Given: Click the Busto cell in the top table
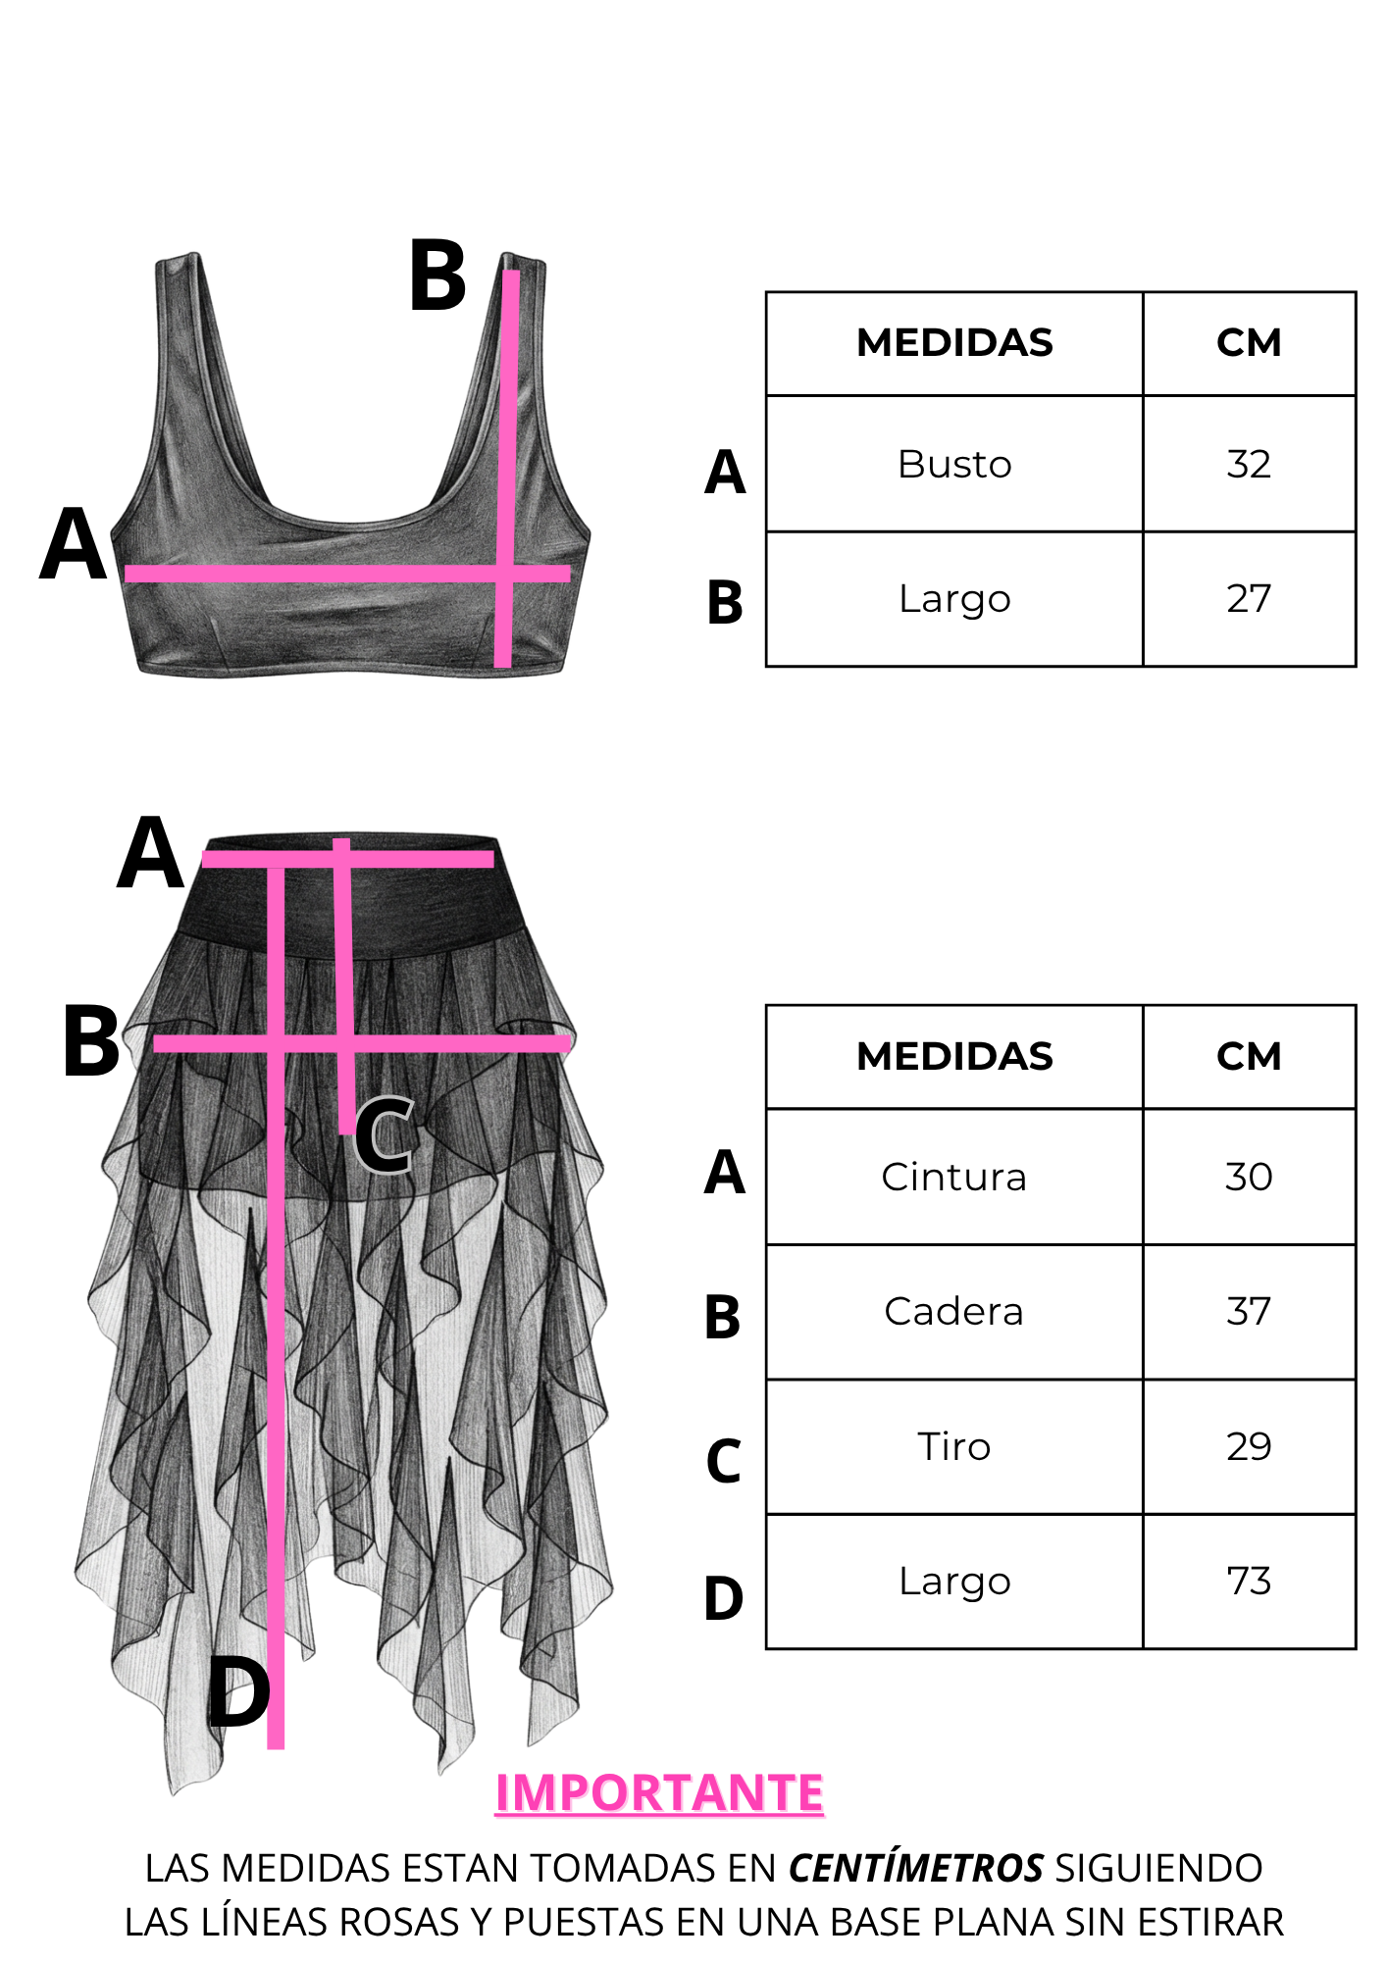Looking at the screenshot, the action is (x=954, y=464).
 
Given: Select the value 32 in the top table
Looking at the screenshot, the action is (x=1249, y=464).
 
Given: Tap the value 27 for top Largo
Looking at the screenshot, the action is (x=1249, y=598).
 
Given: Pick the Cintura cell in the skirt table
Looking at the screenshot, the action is (x=954, y=1177).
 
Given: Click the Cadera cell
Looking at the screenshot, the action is (x=954, y=1311).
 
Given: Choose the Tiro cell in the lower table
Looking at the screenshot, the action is (x=954, y=1446).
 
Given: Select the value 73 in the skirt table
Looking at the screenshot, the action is (x=1249, y=1581).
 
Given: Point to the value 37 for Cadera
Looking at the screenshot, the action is (x=1249, y=1311).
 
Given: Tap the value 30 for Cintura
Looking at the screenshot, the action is (x=1249, y=1177).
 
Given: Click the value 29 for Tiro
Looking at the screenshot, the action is (x=1249, y=1446).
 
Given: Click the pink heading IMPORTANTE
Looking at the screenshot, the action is (x=659, y=1792).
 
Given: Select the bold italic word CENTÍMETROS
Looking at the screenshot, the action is (x=916, y=1868).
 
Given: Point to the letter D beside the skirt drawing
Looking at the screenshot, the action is (x=238, y=1692).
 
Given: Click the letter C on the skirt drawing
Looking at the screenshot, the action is (x=384, y=1134).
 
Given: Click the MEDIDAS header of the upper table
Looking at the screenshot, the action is (x=954, y=343).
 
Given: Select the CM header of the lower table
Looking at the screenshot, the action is (x=1249, y=1056).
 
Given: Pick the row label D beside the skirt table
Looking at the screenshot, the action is (x=724, y=1598).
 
